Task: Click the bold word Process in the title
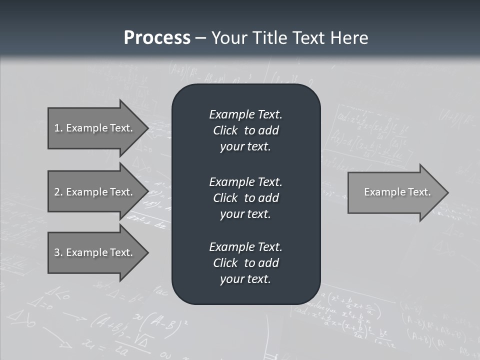(x=157, y=38)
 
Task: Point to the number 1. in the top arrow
(x=58, y=128)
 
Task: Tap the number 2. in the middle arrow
(x=58, y=192)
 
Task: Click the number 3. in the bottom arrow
(x=58, y=252)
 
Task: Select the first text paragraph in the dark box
(x=245, y=130)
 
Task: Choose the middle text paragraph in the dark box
(x=245, y=197)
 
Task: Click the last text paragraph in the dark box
(x=245, y=262)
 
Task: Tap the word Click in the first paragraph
(x=225, y=130)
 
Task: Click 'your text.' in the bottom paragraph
(x=245, y=279)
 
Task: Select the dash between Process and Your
(x=200, y=38)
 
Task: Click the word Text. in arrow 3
(x=121, y=252)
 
